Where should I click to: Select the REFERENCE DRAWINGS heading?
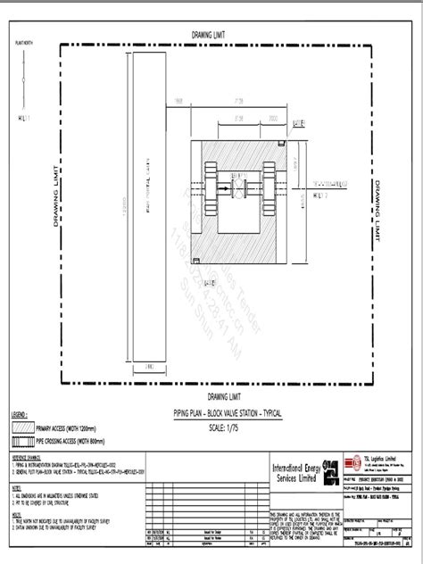point(28,457)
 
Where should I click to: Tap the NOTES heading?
point(16,487)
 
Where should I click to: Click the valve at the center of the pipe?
point(240,189)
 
